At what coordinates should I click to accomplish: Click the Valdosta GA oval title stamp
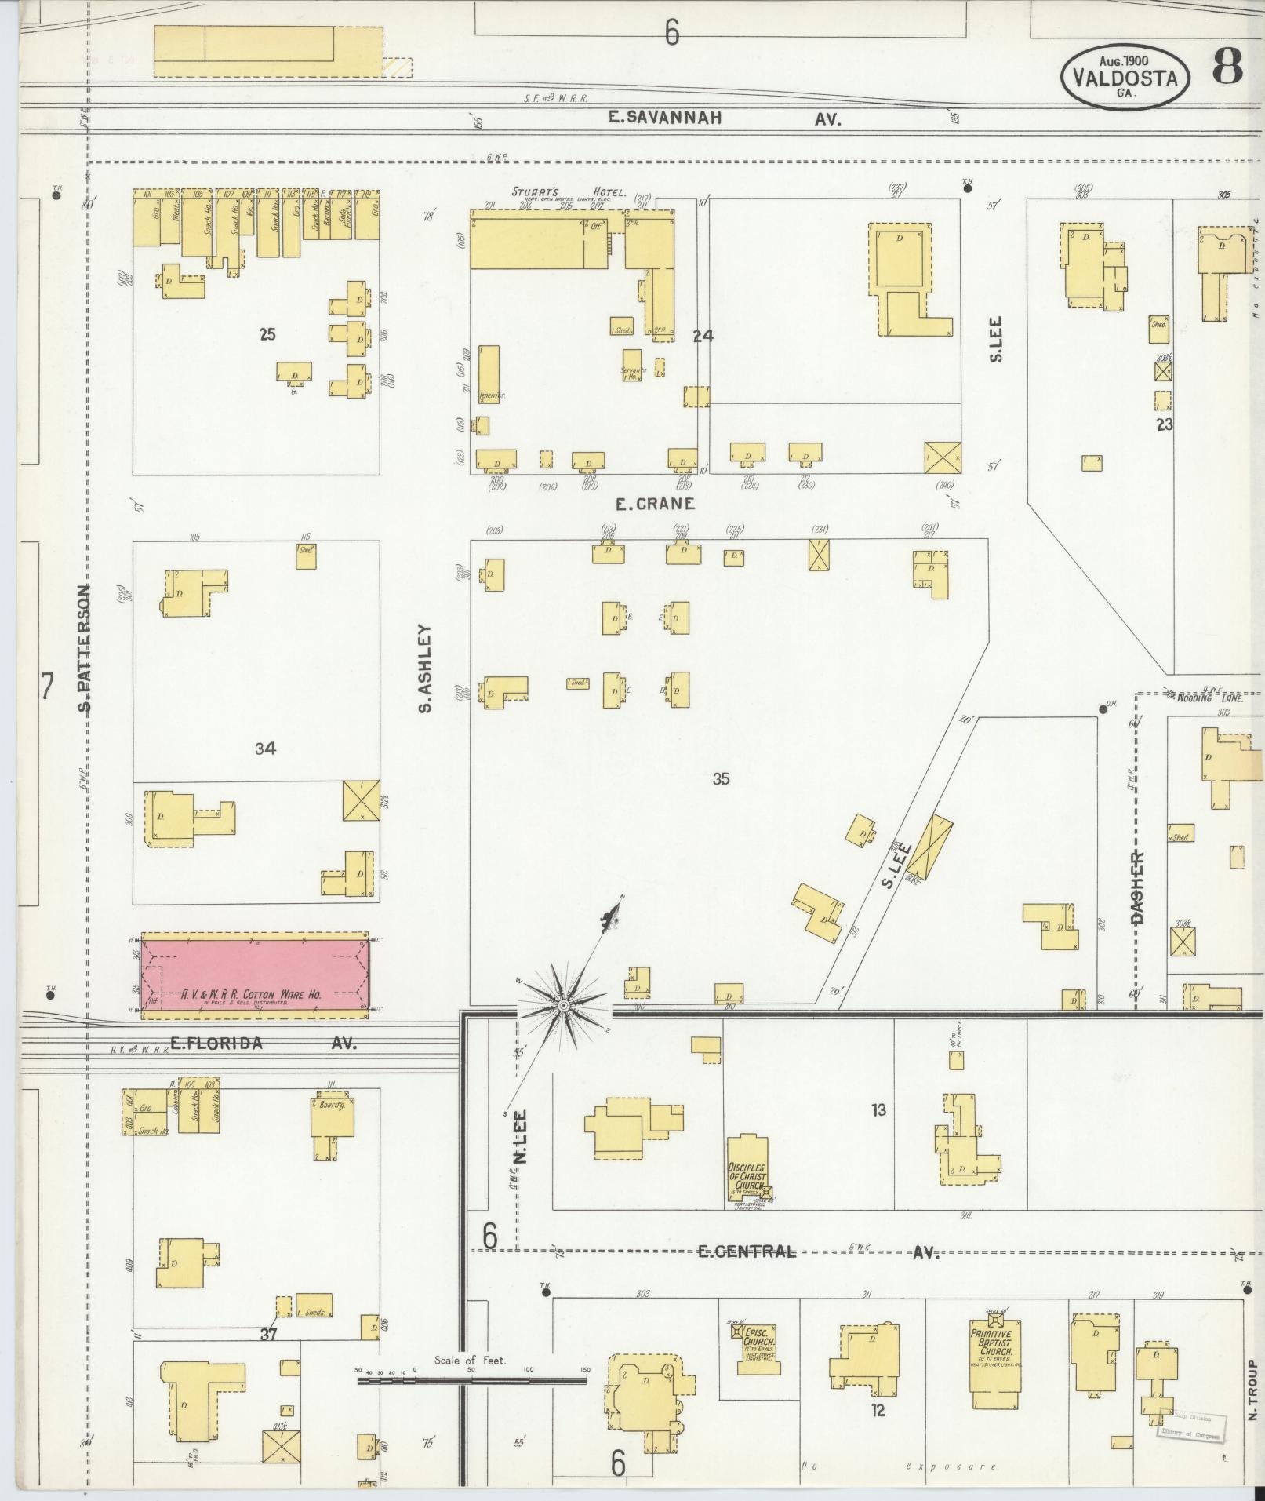[1125, 78]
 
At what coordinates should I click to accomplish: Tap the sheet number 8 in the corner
[1228, 69]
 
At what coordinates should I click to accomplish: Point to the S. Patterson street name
[85, 648]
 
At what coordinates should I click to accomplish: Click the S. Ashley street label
[426, 668]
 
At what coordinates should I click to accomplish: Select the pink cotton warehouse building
[254, 975]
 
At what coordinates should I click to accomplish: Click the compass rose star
[562, 1005]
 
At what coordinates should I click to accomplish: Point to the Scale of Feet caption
[471, 1360]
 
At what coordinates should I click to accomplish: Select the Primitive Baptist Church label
[991, 1343]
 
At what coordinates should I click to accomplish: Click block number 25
[267, 335]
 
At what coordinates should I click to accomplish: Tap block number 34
[265, 749]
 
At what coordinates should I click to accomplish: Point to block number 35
[721, 779]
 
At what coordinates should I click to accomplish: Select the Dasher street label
[1138, 887]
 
